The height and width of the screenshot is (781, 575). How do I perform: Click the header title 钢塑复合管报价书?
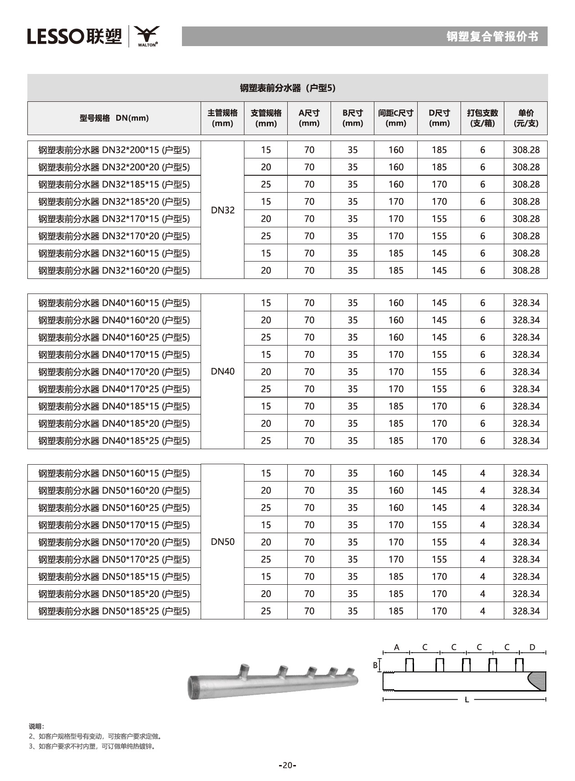(492, 37)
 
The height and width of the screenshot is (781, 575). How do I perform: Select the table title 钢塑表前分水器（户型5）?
(287, 88)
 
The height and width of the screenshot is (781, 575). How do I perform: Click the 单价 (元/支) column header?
(526, 118)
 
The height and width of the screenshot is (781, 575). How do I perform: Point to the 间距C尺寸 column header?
(395, 118)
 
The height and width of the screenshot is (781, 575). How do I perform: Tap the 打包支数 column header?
(482, 118)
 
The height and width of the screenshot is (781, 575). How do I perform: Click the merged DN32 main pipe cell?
(223, 210)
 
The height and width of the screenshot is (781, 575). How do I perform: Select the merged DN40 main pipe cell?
(223, 372)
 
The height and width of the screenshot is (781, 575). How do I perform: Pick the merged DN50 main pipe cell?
(223, 542)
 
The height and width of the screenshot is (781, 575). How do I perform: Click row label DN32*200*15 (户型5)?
(114, 150)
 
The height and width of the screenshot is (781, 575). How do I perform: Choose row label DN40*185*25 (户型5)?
(114, 441)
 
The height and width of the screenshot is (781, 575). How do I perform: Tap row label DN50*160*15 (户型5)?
(114, 473)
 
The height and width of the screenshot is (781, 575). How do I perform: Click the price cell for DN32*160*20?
(526, 271)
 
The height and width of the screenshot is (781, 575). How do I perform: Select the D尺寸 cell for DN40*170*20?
(439, 372)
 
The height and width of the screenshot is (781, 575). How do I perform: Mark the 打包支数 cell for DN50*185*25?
(482, 611)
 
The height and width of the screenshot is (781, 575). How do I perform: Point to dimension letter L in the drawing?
(466, 700)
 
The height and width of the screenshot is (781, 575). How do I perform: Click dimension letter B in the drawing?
(375, 665)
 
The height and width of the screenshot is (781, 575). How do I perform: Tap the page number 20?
(287, 765)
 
